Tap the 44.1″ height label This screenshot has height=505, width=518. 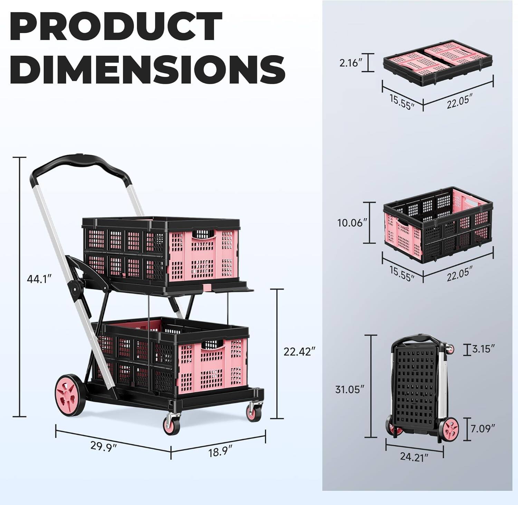click(39, 278)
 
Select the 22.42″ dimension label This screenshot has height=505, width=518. click(299, 352)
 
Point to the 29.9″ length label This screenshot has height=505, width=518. click(104, 446)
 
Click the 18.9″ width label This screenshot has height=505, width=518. click(220, 451)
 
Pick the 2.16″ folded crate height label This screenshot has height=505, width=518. click(351, 63)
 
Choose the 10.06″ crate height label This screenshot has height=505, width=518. click(350, 223)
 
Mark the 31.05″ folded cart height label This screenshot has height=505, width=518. click(350, 389)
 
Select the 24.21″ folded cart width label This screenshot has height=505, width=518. click(414, 457)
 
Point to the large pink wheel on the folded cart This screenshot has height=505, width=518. click(450, 429)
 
